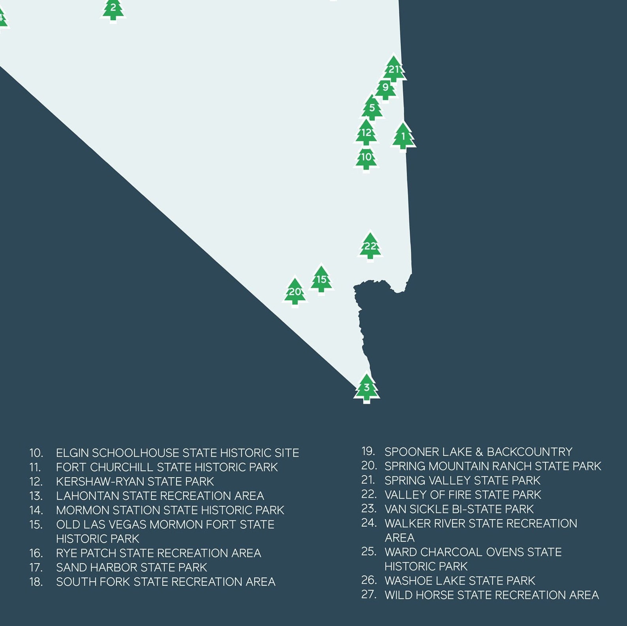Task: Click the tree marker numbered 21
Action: (x=394, y=69)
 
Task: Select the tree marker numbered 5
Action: (x=372, y=108)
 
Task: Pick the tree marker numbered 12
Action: (x=366, y=133)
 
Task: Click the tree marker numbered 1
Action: (x=403, y=136)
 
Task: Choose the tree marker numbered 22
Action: (x=370, y=247)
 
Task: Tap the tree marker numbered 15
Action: (x=321, y=280)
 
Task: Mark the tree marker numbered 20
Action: (x=295, y=292)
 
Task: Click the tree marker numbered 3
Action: (x=367, y=388)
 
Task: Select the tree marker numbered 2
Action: (x=113, y=9)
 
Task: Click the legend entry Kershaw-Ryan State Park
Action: (x=135, y=482)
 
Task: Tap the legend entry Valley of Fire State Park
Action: (x=462, y=495)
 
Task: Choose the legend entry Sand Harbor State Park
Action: (x=131, y=568)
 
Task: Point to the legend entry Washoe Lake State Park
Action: (x=460, y=581)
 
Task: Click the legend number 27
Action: (x=369, y=594)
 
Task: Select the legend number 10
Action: (x=36, y=453)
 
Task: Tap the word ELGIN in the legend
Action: (x=72, y=453)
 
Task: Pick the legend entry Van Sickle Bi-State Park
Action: (x=459, y=509)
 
